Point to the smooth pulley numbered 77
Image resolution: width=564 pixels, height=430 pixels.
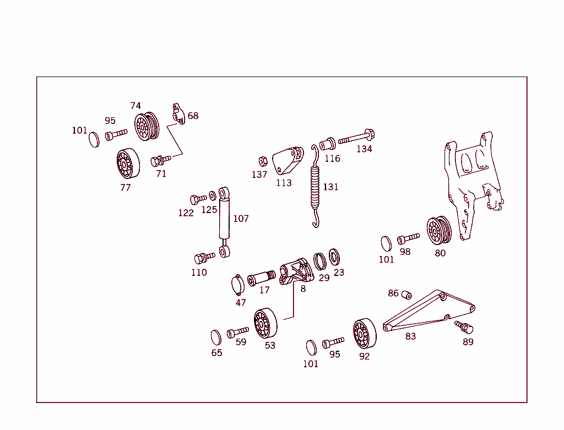point(128,164)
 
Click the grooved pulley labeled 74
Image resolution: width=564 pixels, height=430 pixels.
point(147,127)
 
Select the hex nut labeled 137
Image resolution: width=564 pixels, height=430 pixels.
point(263,161)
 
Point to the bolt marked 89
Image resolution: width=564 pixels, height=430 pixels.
point(465,327)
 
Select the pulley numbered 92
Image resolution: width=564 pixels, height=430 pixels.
point(364,334)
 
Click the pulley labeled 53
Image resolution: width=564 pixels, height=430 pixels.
point(265,324)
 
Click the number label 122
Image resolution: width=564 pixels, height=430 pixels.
point(186,213)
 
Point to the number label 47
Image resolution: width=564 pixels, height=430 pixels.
point(241,302)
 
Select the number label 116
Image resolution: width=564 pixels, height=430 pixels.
point(332,159)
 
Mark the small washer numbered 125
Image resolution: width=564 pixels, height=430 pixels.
point(213,197)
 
